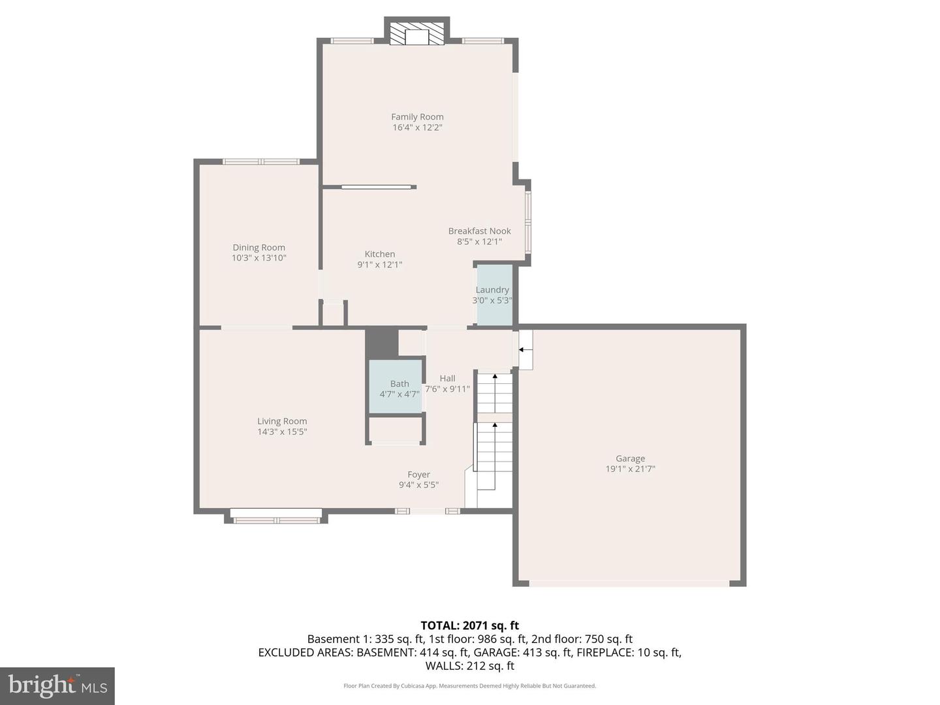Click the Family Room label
[417, 117]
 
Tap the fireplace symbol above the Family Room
[416, 34]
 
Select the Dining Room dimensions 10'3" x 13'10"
[258, 258]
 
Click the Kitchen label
[379, 254]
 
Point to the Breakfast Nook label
[479, 231]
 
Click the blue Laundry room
[494, 295]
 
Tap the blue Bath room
[396, 386]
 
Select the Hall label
[447, 378]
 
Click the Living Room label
[281, 421]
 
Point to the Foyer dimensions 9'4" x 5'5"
[418, 485]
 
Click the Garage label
[630, 458]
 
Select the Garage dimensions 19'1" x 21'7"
[630, 469]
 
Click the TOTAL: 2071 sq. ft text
[469, 625]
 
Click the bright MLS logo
[57, 685]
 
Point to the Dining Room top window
[261, 161]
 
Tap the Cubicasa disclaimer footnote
[469, 686]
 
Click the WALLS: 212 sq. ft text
[469, 666]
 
